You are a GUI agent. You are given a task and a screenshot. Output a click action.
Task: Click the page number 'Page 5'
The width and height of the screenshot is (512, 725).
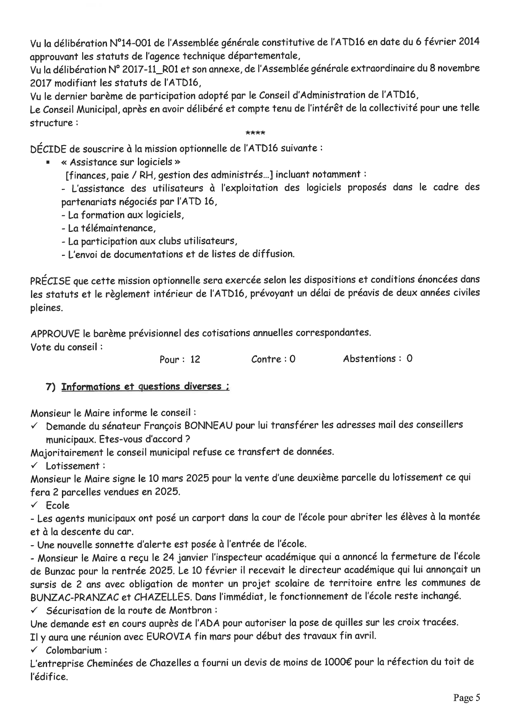point(467,698)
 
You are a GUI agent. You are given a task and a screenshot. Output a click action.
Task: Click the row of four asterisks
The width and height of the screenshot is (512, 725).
point(255,134)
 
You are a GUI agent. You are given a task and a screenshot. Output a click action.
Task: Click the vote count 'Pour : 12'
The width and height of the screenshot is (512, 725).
point(180,359)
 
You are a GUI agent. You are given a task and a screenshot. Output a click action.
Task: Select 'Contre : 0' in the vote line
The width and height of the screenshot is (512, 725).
point(273,359)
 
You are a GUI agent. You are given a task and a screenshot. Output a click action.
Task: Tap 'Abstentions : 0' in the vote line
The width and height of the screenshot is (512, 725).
point(377,358)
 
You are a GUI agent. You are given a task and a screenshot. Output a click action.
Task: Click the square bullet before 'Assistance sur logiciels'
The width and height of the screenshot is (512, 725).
point(48,162)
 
